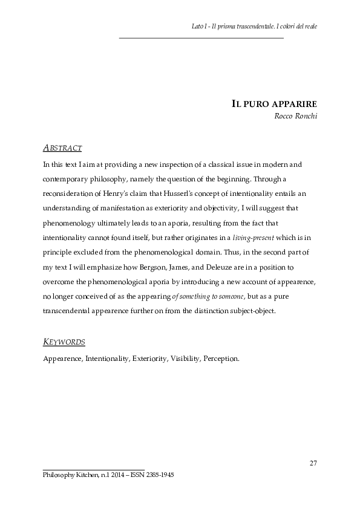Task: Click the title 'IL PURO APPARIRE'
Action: [x=275, y=103]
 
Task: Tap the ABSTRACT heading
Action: [x=63, y=148]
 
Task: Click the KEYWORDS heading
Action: [x=64, y=342]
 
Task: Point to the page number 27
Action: [x=313, y=464]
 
